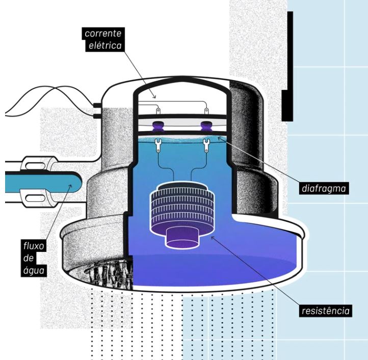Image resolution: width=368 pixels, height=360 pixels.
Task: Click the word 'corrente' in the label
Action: point(103,34)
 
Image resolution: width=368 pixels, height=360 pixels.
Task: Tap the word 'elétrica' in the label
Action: point(105,45)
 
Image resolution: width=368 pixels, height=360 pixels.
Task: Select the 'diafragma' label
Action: point(324,188)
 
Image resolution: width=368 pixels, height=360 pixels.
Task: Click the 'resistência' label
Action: point(326,311)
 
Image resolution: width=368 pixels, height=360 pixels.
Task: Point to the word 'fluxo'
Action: point(34,246)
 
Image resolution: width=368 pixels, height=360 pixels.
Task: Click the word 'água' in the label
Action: point(34,270)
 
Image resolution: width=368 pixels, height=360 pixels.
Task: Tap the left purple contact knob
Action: point(157,126)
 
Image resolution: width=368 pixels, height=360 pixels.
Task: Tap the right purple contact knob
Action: point(206,126)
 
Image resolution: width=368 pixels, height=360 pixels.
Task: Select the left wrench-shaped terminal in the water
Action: point(158,145)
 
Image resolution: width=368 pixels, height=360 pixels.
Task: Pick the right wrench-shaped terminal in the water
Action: point(206,145)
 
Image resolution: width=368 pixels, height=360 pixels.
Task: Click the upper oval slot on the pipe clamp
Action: point(35,166)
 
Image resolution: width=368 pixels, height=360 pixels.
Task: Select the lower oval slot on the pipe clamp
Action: point(35,198)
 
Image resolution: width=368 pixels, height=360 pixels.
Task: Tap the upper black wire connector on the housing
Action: point(97,105)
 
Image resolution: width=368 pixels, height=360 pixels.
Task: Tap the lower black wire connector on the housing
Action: point(97,116)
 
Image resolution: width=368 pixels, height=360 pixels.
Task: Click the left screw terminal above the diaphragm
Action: point(159,110)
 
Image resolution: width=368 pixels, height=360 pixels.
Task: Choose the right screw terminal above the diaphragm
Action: point(206,110)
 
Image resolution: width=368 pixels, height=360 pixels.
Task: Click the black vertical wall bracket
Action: point(288,67)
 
